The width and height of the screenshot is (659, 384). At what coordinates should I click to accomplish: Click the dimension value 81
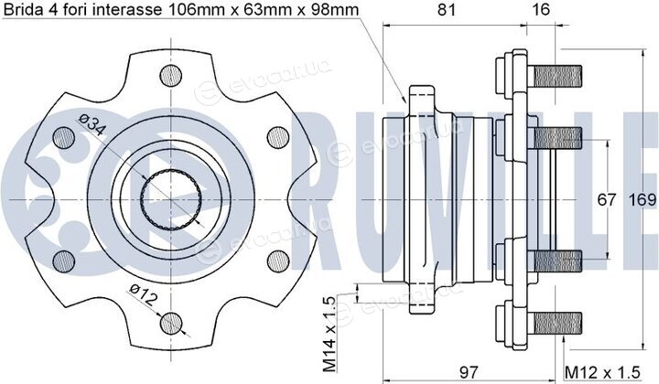point(446,9)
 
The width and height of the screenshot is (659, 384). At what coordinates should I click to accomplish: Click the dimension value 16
point(541,9)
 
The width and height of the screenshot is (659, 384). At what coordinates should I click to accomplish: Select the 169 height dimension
point(643,199)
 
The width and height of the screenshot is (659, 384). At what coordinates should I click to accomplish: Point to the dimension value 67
point(607,199)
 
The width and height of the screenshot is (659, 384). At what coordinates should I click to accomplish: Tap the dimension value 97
point(469,372)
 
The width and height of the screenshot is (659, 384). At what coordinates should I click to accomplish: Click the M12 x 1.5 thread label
point(602,372)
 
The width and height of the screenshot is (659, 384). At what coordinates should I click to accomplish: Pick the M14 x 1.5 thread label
point(329,334)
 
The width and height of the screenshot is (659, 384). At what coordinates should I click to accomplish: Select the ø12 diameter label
point(144,293)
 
